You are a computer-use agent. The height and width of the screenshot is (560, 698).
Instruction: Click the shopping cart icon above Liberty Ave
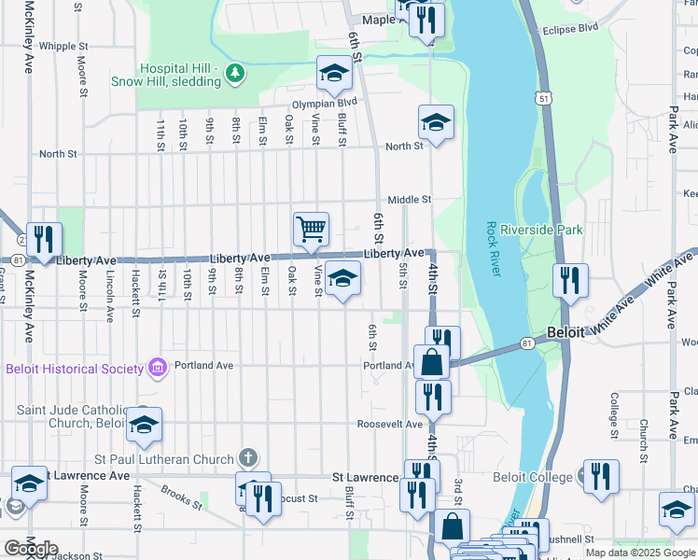pyautogui.click(x=311, y=228)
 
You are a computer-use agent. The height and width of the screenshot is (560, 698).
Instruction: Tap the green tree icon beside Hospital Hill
pyautogui.click(x=237, y=73)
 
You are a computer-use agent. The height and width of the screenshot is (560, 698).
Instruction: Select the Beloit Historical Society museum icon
pyautogui.click(x=156, y=368)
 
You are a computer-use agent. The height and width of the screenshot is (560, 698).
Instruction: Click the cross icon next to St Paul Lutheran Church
pyautogui.click(x=247, y=457)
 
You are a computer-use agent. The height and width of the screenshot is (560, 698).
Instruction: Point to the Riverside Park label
pyautogui.click(x=541, y=230)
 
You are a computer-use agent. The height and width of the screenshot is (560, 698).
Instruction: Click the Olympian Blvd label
pyautogui.click(x=326, y=103)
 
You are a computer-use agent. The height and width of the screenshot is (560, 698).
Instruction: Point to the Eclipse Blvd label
pyautogui.click(x=570, y=29)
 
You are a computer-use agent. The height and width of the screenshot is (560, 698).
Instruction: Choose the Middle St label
pyautogui.click(x=410, y=200)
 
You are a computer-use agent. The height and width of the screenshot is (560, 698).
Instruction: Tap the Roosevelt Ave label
pyautogui.click(x=390, y=424)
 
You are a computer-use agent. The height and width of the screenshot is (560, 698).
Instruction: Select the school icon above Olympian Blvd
pyautogui.click(x=334, y=72)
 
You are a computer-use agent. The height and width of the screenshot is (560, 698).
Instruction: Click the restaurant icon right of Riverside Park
pyautogui.click(x=569, y=279)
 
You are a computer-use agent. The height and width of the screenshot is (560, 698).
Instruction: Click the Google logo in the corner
pyautogui.click(x=31, y=549)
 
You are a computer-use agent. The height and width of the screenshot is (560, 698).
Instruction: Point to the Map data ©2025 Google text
pyautogui.click(x=640, y=553)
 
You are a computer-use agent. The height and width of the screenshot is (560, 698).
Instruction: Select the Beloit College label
pyautogui.click(x=535, y=477)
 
